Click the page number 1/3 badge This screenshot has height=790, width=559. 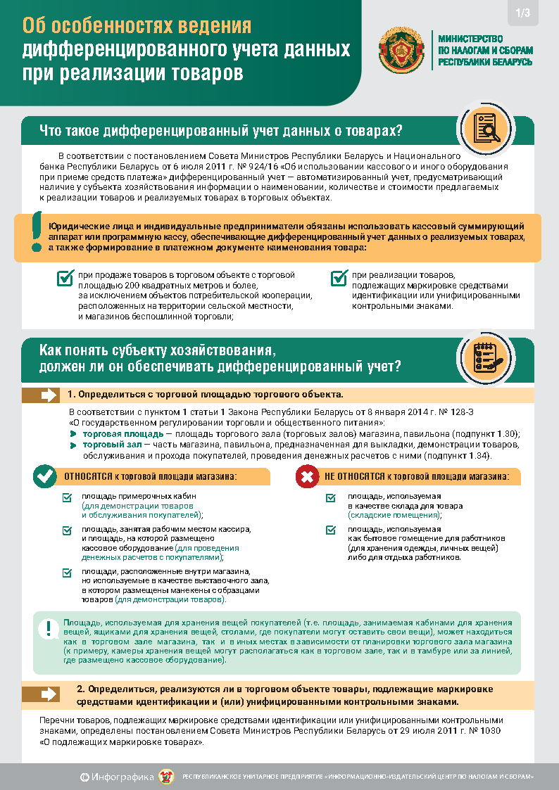tap(523, 13)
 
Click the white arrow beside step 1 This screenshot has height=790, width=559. tap(49, 395)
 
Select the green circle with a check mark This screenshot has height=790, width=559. tap(46, 477)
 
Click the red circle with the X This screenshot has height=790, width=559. tap(307, 477)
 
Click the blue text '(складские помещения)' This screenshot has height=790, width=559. tap(393, 516)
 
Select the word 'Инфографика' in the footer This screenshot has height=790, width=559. tap(127, 777)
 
